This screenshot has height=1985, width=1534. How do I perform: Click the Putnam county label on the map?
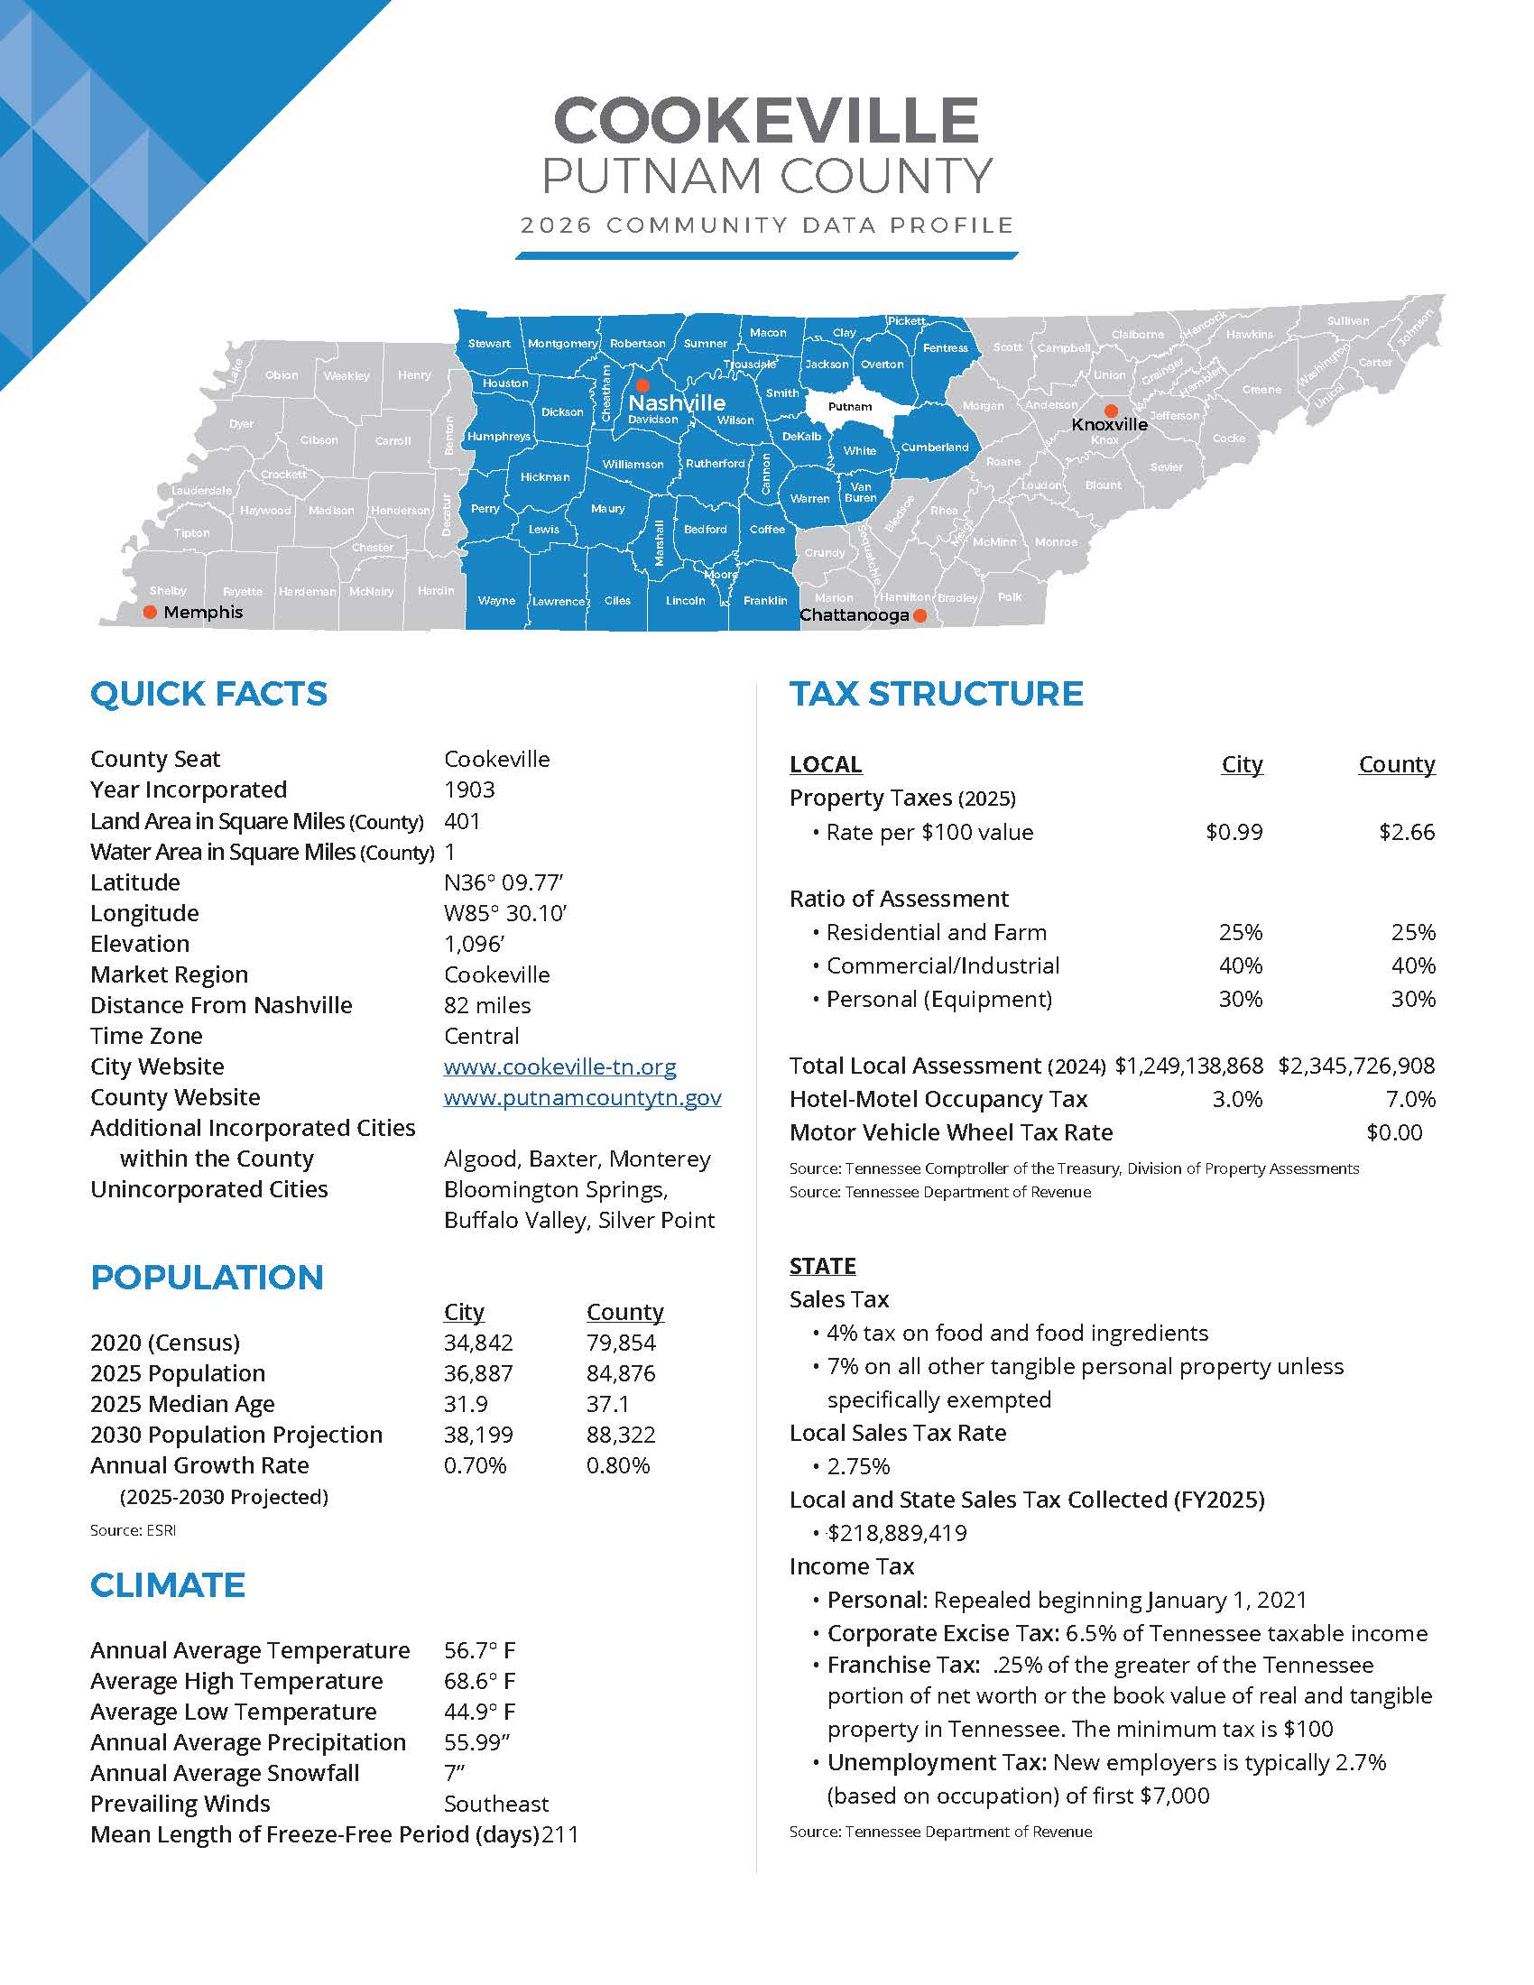click(x=850, y=406)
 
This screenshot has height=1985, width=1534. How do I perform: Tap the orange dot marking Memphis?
click(x=151, y=612)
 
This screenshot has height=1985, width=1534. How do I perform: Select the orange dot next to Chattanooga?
click(x=919, y=615)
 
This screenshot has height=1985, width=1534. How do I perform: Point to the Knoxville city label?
click(x=1109, y=424)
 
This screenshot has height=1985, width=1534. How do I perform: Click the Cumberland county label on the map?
click(x=934, y=448)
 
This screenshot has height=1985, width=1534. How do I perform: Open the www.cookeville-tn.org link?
click(x=559, y=1066)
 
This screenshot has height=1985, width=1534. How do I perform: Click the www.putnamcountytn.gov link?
click(x=583, y=1097)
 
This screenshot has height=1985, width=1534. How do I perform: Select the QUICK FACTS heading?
click(x=208, y=695)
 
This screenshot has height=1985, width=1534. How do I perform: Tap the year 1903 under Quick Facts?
click(x=469, y=789)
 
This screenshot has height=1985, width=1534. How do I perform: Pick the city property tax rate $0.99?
click(x=1234, y=833)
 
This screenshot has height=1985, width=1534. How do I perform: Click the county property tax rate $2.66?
click(x=1406, y=833)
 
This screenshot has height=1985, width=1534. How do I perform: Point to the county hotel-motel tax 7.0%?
click(x=1410, y=1100)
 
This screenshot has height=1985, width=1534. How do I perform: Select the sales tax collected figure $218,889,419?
click(x=896, y=1533)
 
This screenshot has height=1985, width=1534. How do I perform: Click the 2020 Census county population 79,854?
click(x=621, y=1343)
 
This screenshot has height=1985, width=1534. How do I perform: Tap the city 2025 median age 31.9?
click(x=466, y=1404)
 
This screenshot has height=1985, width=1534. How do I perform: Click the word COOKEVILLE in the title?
click(x=765, y=121)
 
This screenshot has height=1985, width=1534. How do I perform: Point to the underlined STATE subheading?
click(x=822, y=1266)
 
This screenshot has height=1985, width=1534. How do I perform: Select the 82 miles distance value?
click(x=487, y=1005)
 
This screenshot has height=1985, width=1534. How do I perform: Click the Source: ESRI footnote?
click(x=133, y=1530)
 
